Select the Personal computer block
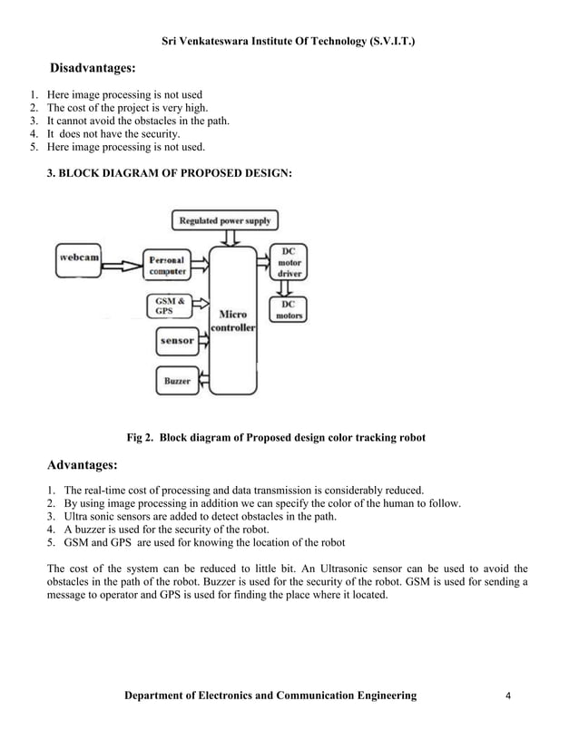click(x=168, y=264)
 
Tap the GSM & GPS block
click(x=169, y=306)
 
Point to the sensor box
click(x=177, y=340)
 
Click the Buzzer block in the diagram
click(x=176, y=381)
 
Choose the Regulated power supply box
click(x=224, y=220)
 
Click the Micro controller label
click(x=233, y=321)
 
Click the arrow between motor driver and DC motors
click(x=289, y=287)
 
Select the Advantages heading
click(x=82, y=466)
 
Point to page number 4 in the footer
click(x=509, y=695)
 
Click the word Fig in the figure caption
click(x=135, y=438)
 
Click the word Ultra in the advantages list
click(x=77, y=516)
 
